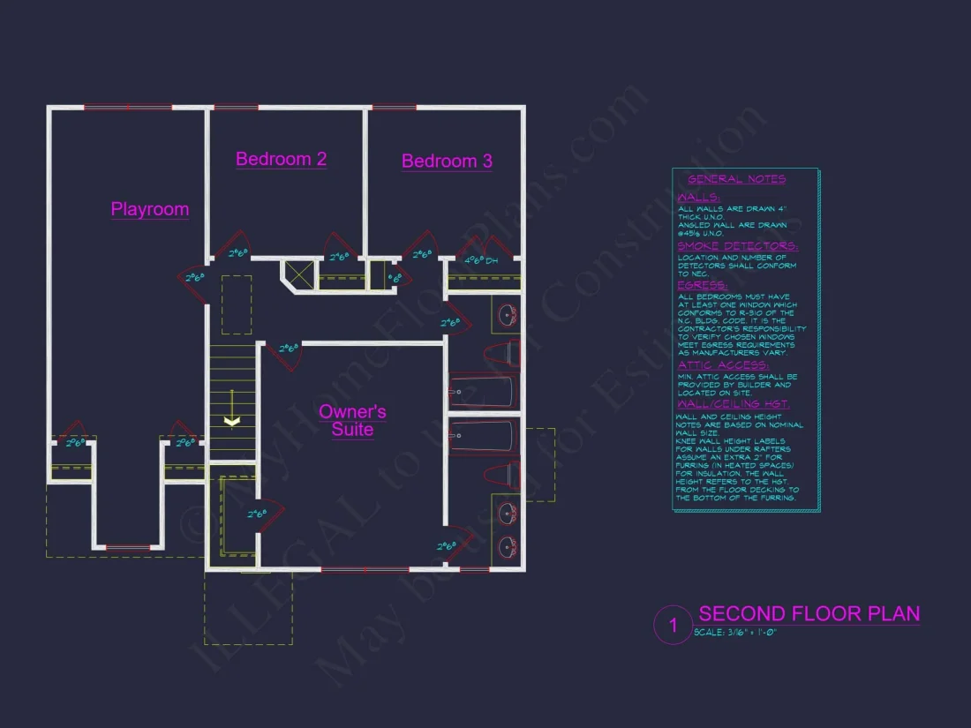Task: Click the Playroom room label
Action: click(150, 209)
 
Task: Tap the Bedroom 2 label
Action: click(281, 159)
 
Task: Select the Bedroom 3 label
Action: click(447, 161)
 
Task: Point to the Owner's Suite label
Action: click(352, 420)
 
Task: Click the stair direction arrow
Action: click(231, 421)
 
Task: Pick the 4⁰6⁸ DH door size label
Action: click(481, 261)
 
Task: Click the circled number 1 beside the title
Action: click(673, 626)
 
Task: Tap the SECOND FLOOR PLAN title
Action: click(809, 613)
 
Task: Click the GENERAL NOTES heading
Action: click(736, 179)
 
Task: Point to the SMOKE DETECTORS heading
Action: click(737, 246)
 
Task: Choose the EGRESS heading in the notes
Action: click(702, 285)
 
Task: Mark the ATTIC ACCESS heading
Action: click(723, 364)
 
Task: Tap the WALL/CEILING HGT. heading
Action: click(732, 404)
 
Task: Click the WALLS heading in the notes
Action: click(697, 198)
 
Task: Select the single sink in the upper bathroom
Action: click(507, 314)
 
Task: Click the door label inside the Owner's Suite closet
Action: click(257, 513)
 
